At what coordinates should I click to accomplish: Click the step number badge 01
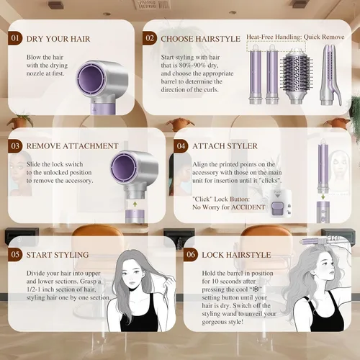(x=15, y=38)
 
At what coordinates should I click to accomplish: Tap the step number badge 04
(x=181, y=146)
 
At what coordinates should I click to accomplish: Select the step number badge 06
(x=191, y=254)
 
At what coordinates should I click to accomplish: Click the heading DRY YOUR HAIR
(x=58, y=39)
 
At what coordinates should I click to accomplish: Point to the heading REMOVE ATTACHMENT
(x=73, y=146)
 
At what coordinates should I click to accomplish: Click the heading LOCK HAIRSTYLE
(x=236, y=255)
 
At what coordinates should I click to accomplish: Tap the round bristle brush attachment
(x=296, y=76)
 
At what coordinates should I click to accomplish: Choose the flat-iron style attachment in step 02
(x=330, y=75)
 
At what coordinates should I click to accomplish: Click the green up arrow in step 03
(x=135, y=204)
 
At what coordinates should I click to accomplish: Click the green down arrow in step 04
(x=323, y=197)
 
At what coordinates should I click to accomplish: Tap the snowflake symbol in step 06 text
(x=256, y=289)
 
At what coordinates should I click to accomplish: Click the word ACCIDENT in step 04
(x=248, y=207)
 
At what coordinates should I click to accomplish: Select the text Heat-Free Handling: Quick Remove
(x=295, y=37)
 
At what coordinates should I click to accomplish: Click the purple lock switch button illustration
(x=277, y=208)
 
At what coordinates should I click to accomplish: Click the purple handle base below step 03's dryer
(x=135, y=217)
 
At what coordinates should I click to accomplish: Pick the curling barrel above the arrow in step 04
(x=323, y=166)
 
